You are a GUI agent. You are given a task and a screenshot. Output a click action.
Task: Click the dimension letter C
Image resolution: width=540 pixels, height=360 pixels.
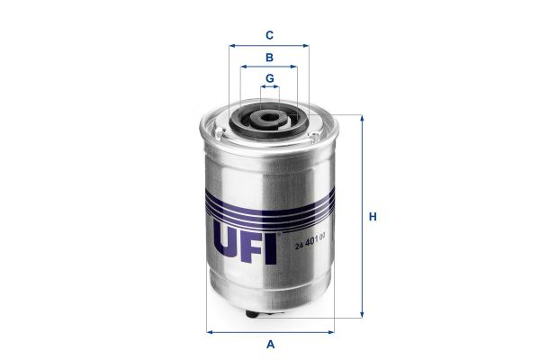[269, 35]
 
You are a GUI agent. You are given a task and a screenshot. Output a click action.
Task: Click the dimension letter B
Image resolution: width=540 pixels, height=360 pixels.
[269, 58]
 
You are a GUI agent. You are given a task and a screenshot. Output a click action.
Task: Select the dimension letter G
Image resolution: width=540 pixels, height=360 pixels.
[269, 79]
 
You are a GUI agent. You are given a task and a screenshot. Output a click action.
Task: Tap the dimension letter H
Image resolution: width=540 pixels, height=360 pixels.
[372, 217]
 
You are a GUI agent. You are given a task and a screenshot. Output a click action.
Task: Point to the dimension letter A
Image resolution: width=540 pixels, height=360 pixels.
[269, 344]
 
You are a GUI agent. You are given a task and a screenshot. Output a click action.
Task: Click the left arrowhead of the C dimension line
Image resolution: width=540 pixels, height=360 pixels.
[232, 45]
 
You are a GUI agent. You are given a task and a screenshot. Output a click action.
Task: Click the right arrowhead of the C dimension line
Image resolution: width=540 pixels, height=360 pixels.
[306, 45]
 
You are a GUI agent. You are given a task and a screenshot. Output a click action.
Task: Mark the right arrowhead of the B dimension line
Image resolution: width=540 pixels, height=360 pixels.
[294, 67]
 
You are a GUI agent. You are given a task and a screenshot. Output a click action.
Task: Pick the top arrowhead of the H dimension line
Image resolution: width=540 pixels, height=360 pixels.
[362, 118]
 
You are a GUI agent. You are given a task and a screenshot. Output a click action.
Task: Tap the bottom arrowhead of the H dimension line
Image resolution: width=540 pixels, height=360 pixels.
[362, 316]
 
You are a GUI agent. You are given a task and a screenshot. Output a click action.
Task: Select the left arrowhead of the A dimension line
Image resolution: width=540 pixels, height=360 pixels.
[209, 331]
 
